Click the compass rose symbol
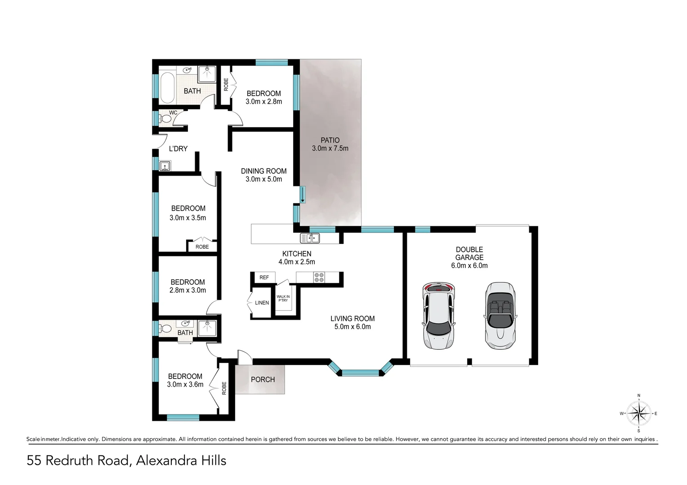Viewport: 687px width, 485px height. pyautogui.click(x=638, y=413)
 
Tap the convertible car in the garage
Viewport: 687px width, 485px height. pyautogui.click(x=500, y=316)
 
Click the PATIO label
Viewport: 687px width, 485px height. pyautogui.click(x=330, y=140)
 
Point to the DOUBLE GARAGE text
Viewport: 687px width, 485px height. pyautogui.click(x=469, y=253)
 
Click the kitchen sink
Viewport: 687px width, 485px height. pyautogui.click(x=310, y=238)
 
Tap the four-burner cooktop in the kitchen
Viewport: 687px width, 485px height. pyautogui.click(x=319, y=278)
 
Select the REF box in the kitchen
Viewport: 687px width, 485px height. pyautogui.click(x=264, y=278)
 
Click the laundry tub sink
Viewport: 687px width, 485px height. pyautogui.click(x=165, y=167)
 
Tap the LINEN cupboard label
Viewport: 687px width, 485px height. pyautogui.click(x=262, y=303)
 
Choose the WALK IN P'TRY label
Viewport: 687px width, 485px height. pyautogui.click(x=283, y=298)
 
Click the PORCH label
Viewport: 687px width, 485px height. pyautogui.click(x=263, y=379)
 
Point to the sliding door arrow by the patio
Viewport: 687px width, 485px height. pyautogui.click(x=303, y=194)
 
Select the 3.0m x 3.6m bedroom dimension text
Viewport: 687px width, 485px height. pyautogui.click(x=185, y=384)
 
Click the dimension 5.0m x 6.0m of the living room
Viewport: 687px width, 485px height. pyautogui.click(x=352, y=327)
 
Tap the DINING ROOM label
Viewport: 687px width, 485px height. pyautogui.click(x=263, y=171)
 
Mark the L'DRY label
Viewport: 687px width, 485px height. pyautogui.click(x=178, y=149)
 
